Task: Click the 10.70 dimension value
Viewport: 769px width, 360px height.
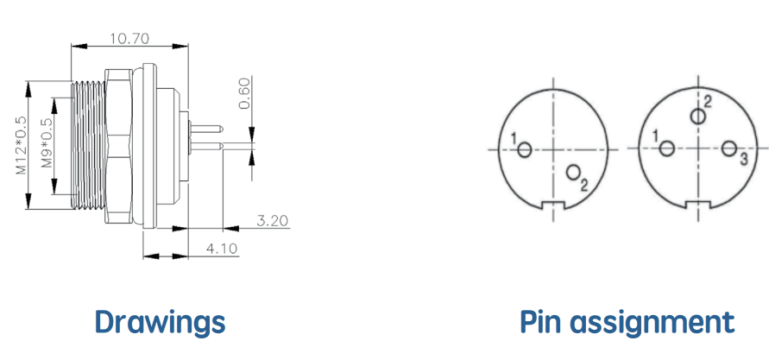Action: [129, 38]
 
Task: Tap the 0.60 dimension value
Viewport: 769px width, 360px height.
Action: [245, 93]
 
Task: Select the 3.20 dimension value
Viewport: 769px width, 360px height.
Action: [272, 221]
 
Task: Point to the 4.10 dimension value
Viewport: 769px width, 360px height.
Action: [222, 249]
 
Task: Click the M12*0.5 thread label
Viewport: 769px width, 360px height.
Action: [21, 145]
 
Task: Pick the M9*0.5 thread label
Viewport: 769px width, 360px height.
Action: [47, 143]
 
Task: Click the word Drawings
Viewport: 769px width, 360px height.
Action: [160, 323]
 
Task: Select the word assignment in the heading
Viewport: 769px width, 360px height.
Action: [652, 324]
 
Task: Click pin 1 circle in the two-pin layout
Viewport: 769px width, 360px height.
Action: [525, 149]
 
